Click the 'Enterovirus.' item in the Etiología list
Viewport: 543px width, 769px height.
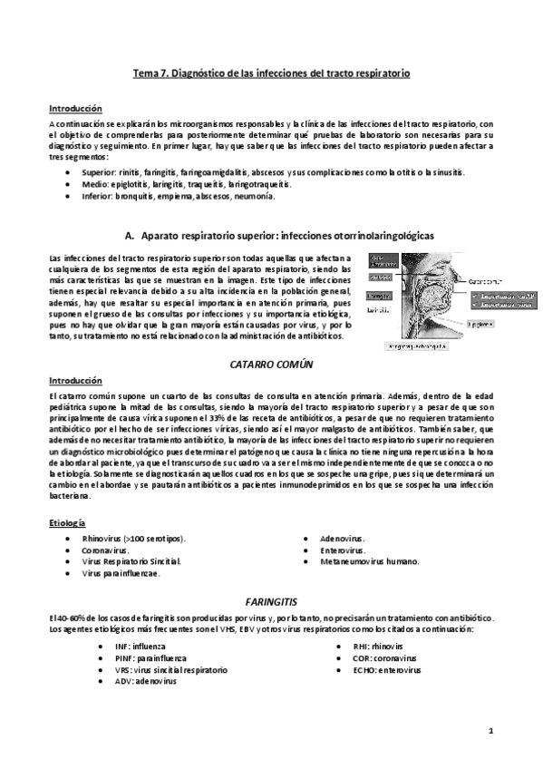pos(343,550)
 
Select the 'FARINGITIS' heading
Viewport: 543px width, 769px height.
pos(272,602)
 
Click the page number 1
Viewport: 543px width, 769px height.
pos(490,728)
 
